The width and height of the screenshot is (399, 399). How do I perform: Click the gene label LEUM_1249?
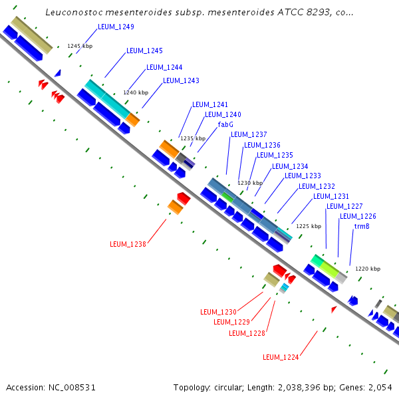click(x=116, y=27)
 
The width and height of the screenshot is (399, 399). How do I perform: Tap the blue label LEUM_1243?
click(x=181, y=81)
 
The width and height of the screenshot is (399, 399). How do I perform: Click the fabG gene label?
click(x=225, y=124)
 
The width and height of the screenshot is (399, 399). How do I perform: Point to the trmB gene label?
click(x=361, y=227)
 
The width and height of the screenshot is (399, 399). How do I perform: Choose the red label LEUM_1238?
click(x=128, y=244)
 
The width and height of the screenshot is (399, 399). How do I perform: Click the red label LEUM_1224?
click(x=281, y=357)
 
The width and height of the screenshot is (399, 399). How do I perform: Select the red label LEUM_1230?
click(x=218, y=312)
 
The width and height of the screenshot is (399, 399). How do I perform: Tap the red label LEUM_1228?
click(x=247, y=333)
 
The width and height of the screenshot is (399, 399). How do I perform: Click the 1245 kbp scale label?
click(x=80, y=47)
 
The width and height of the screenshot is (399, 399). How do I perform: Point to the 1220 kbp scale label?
click(x=368, y=269)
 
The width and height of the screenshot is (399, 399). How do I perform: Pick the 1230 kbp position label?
click(x=250, y=183)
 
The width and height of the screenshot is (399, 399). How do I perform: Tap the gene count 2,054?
click(x=380, y=387)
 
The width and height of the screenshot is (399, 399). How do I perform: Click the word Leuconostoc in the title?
click(x=72, y=13)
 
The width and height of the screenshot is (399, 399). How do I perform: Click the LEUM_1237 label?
click(x=249, y=134)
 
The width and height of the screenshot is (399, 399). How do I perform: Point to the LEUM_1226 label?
click(x=358, y=217)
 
